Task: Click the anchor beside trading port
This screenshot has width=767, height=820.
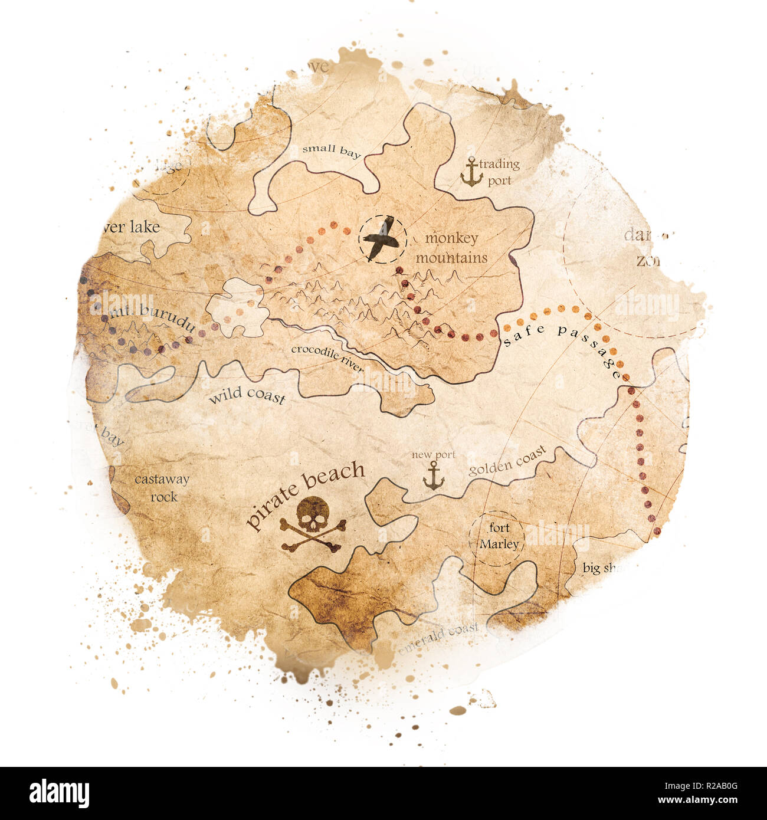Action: pos(471,172)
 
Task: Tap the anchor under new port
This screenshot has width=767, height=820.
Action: pos(434,475)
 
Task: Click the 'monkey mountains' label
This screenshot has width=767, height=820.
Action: pos(452,248)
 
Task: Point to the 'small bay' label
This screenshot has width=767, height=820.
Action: pos(331,151)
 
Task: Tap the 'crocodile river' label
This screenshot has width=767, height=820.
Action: pos(327,358)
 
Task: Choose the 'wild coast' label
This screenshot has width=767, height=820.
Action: pos(247,396)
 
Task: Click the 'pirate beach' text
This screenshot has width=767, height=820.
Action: pos(305,493)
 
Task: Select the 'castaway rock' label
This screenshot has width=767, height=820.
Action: pos(162,488)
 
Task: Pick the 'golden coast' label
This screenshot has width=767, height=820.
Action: pos(507,461)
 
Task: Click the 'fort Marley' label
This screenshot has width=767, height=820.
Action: pos(499,536)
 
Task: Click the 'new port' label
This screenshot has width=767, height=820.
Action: pos(434,455)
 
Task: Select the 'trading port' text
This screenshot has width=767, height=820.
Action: pos(499,172)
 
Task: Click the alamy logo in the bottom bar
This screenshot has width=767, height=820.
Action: pos(59,793)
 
